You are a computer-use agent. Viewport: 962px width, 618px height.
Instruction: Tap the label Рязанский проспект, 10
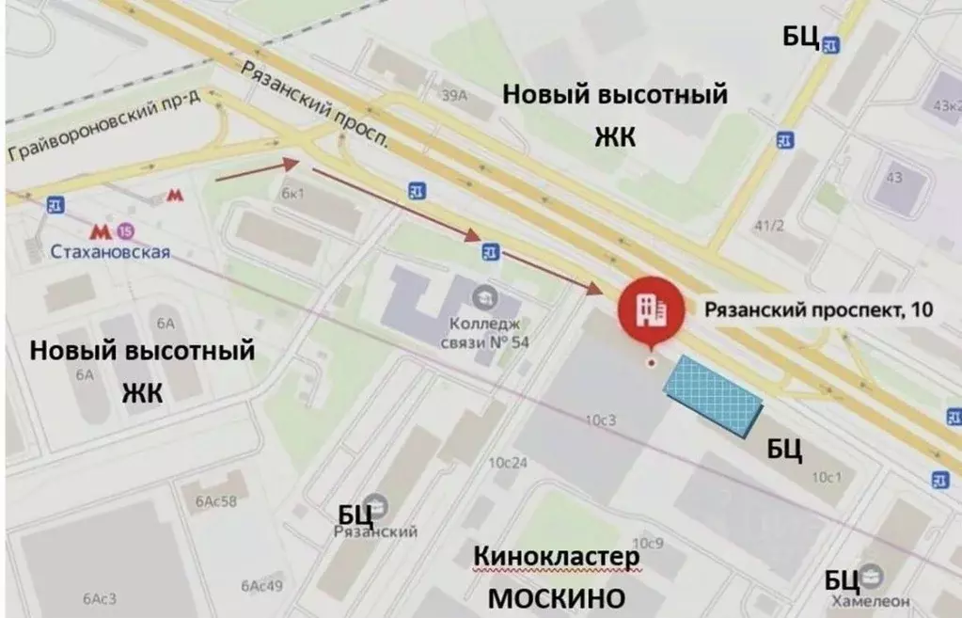[819, 309]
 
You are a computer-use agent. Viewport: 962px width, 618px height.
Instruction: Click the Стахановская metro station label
[111, 251]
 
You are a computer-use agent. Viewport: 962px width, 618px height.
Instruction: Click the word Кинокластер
[557, 557]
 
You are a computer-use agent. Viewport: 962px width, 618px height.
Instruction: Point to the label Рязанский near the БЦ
[374, 531]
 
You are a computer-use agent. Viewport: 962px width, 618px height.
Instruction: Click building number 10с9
[648, 543]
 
